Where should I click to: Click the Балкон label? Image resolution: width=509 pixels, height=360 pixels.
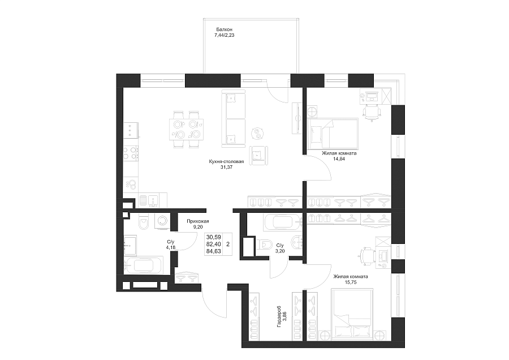pyautogui.click(x=225, y=29)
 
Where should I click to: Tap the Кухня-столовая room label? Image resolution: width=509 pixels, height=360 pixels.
pyautogui.click(x=226, y=161)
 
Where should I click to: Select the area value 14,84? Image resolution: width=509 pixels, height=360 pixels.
pyautogui.click(x=339, y=159)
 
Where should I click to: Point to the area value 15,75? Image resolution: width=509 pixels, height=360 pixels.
pyautogui.click(x=351, y=282)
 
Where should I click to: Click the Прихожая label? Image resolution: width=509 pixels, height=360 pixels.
pyautogui.click(x=198, y=221)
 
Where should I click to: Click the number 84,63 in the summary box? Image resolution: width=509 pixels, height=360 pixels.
pyautogui.click(x=214, y=251)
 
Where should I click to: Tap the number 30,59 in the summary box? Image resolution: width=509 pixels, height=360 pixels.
pyautogui.click(x=214, y=238)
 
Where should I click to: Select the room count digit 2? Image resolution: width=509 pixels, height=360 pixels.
pyautogui.click(x=228, y=244)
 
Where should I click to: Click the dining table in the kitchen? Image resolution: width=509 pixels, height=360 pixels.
pyautogui.click(x=186, y=130)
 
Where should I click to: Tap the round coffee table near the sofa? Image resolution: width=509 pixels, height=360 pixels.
pyautogui.click(x=258, y=133)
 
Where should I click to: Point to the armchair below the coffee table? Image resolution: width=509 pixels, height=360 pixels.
pyautogui.click(x=258, y=156)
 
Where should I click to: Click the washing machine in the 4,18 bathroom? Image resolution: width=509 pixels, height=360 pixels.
pyautogui.click(x=162, y=221)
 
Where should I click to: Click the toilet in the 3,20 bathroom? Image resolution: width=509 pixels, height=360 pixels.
pyautogui.click(x=263, y=244)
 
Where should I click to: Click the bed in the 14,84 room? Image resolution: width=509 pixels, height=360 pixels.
pyautogui.click(x=333, y=132)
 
